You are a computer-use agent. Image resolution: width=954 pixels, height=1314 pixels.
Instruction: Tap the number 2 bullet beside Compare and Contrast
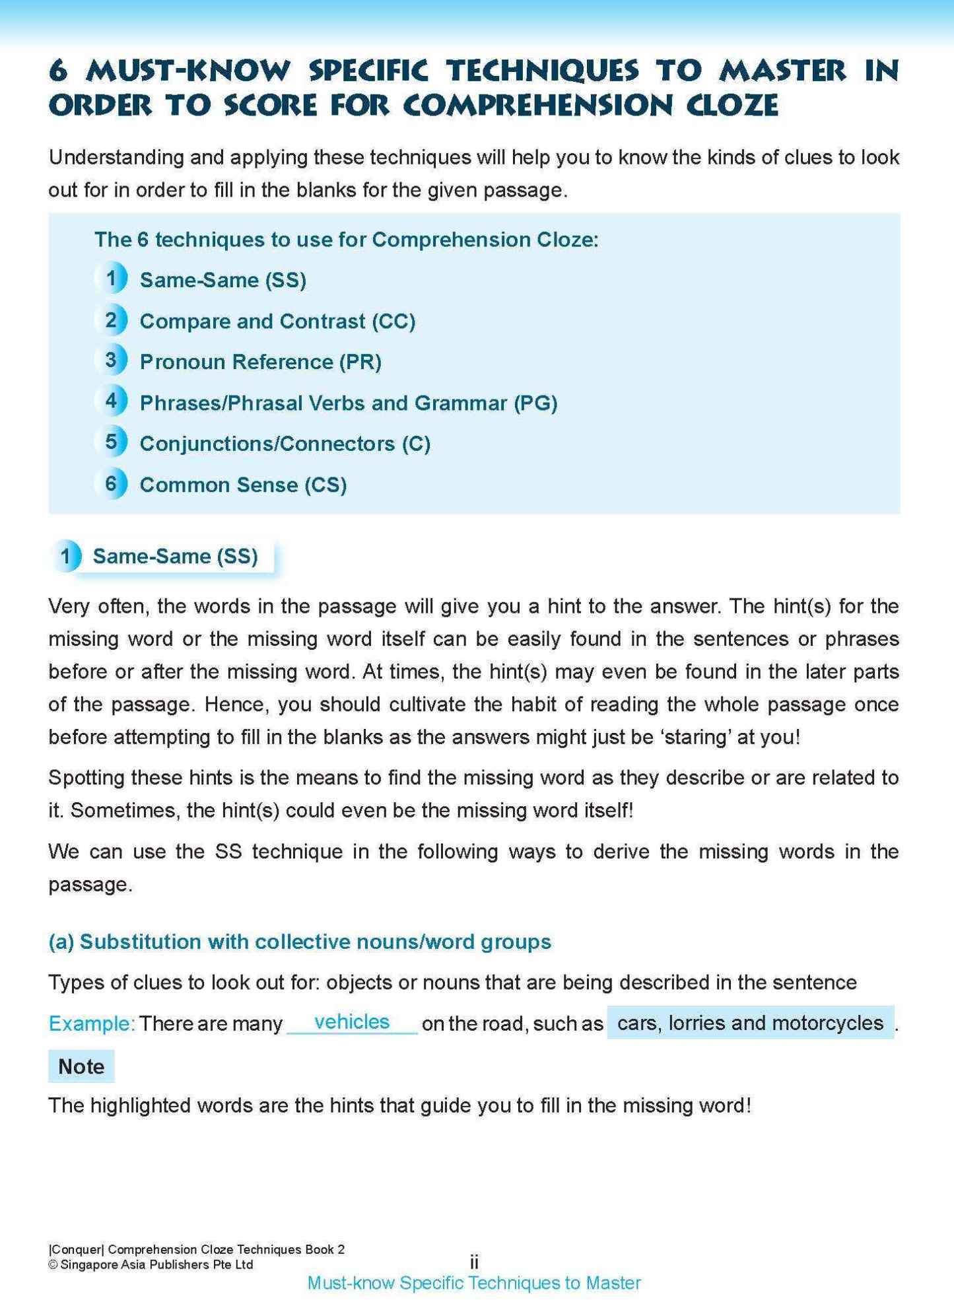click(111, 320)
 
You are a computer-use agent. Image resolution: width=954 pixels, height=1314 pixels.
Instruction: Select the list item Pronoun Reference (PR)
click(260, 362)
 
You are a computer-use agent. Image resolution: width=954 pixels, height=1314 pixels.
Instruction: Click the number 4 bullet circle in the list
click(111, 401)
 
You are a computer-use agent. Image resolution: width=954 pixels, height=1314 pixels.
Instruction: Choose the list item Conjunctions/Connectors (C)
click(285, 444)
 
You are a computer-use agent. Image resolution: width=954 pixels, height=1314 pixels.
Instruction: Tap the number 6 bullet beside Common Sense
click(111, 483)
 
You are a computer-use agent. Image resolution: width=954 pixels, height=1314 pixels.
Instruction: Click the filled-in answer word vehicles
click(352, 1021)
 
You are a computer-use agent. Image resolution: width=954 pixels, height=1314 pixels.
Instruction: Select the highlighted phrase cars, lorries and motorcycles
click(750, 1023)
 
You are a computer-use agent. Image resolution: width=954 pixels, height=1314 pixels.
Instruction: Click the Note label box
click(81, 1066)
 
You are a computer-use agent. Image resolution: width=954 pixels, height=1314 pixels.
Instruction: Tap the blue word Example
click(91, 1023)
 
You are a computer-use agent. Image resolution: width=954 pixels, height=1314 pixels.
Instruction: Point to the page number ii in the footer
click(474, 1262)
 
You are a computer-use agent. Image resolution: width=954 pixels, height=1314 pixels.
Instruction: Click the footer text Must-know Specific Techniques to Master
click(474, 1283)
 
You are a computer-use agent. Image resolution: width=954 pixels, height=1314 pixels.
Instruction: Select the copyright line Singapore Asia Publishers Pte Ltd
click(151, 1264)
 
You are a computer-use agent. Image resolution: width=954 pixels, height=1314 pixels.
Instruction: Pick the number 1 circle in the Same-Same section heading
click(66, 556)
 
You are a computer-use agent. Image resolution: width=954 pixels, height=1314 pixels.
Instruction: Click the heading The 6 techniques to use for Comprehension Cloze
click(346, 239)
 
